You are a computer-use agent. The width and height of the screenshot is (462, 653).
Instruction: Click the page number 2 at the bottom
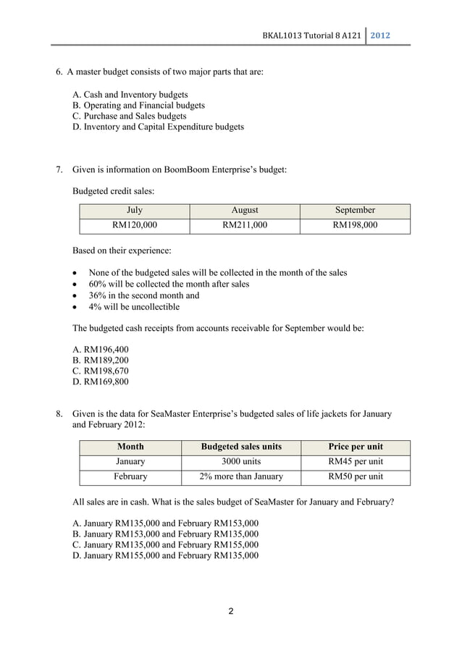[231, 612]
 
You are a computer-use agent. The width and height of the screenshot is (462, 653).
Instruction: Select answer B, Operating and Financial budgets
[139, 105]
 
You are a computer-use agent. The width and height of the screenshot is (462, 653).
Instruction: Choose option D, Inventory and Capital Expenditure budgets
[159, 127]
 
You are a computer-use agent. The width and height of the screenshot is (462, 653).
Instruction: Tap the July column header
[135, 211]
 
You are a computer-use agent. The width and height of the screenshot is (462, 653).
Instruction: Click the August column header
[245, 211]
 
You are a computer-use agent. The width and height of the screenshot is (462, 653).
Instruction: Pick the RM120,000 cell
[135, 226]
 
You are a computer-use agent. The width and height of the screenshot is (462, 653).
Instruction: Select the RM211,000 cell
[245, 226]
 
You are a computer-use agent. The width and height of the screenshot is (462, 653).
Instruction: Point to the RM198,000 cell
[355, 226]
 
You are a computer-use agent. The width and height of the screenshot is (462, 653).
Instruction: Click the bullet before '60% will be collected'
[76, 285]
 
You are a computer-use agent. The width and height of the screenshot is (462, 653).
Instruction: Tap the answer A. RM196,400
[101, 349]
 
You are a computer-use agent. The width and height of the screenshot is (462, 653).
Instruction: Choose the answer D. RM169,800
[101, 382]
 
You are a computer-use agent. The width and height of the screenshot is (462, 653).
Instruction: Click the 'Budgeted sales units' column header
[241, 447]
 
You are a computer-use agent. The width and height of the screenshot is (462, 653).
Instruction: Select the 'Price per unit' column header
[356, 447]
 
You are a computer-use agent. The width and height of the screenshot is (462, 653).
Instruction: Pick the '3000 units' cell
[241, 462]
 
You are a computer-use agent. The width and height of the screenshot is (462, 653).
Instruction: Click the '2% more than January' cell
[241, 477]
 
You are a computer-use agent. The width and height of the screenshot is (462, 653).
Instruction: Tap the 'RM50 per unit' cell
[356, 477]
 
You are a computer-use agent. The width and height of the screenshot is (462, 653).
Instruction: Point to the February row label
[130, 477]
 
